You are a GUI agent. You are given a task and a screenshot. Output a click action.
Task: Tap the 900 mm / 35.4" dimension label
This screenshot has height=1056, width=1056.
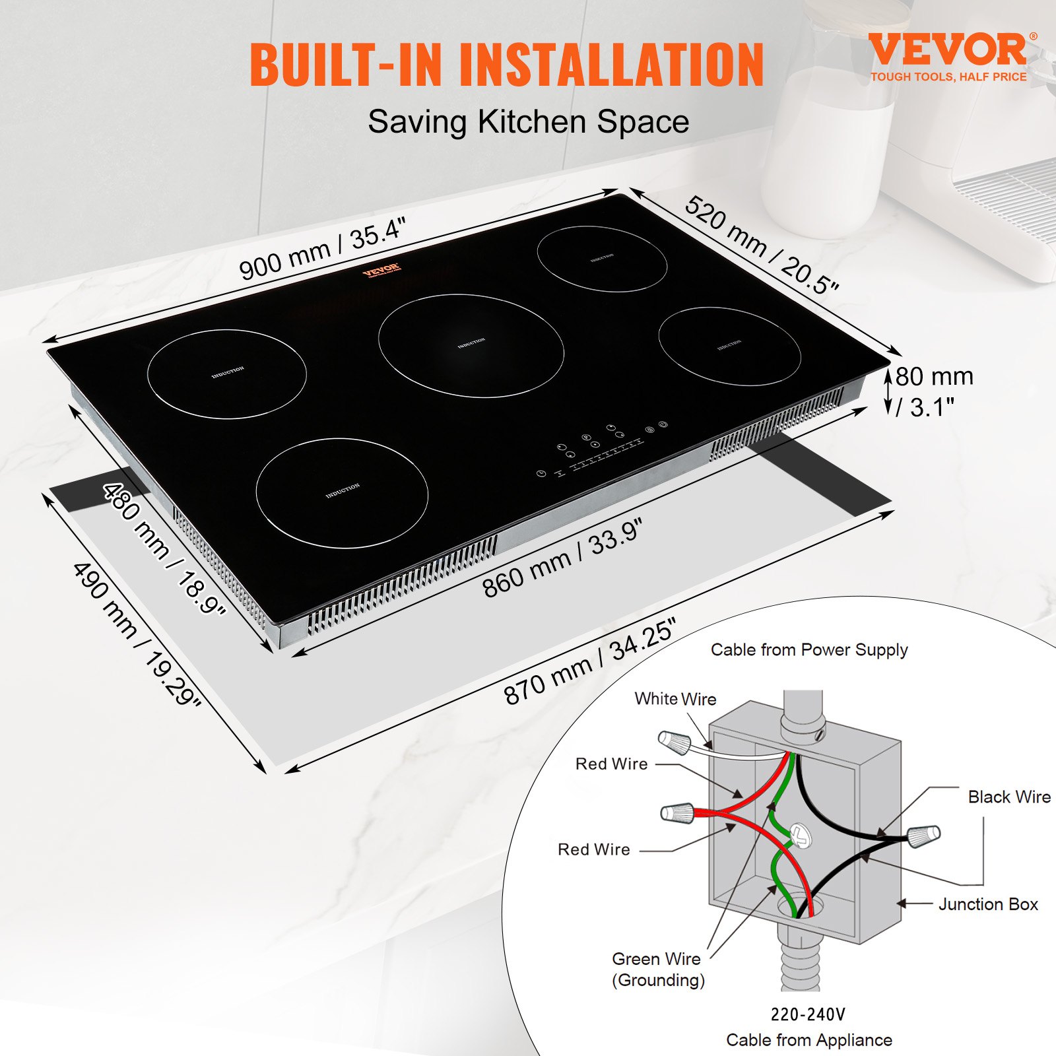[321, 249]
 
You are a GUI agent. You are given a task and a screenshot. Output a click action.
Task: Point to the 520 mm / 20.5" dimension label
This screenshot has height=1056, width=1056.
[762, 245]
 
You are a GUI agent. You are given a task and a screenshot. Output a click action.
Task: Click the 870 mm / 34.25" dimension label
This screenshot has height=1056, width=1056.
[589, 661]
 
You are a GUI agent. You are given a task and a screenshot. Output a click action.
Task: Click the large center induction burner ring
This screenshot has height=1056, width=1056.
[471, 345]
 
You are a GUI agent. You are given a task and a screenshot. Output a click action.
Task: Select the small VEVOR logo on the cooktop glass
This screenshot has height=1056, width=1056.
[381, 271]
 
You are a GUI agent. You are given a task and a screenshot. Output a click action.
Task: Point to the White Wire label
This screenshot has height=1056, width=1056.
[675, 699]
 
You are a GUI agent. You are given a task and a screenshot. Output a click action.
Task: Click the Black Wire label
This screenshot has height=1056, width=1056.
[1009, 797]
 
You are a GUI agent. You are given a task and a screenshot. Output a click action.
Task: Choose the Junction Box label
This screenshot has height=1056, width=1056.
[988, 904]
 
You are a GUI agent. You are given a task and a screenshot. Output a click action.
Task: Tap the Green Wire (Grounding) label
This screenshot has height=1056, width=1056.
[657, 969]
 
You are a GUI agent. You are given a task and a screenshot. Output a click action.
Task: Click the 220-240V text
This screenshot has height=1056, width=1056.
[808, 1014]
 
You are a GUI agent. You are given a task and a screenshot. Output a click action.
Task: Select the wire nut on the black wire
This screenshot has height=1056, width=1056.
[923, 836]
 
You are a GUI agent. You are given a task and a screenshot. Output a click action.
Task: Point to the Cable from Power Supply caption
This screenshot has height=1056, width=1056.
[809, 650]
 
